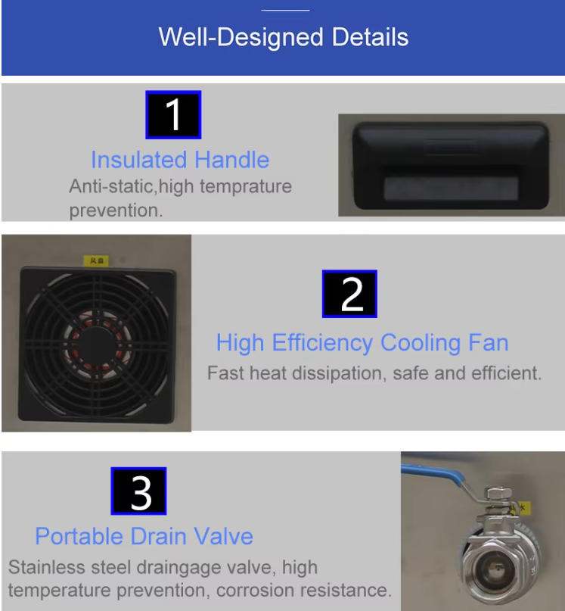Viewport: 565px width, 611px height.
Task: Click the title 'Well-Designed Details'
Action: tap(283, 37)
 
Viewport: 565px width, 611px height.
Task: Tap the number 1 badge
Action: tap(173, 115)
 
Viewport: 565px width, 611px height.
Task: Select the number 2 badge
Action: tap(349, 294)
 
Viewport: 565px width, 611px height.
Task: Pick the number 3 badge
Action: tap(138, 491)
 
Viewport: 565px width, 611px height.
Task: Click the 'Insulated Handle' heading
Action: tap(180, 160)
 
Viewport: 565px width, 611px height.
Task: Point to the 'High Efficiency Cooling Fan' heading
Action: tap(362, 343)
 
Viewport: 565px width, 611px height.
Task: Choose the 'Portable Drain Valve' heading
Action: tap(144, 536)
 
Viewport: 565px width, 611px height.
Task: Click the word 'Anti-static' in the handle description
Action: tap(112, 186)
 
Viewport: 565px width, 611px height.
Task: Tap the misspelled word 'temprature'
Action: tap(246, 186)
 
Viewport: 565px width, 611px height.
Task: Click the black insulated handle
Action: tap(451, 166)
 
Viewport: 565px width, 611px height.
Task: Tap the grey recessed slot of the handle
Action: tap(451, 189)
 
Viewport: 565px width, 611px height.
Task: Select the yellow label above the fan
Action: tap(96, 260)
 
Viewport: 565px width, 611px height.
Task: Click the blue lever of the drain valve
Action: tap(433, 474)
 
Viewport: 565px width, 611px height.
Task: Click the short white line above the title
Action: tap(285, 11)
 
